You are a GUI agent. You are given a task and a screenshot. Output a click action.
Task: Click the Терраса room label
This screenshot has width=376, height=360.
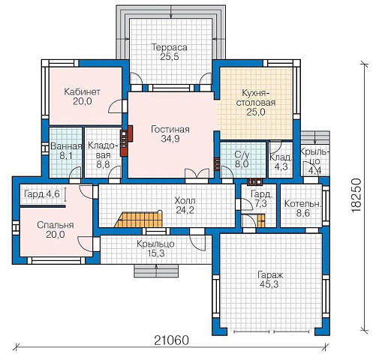tap(170, 47)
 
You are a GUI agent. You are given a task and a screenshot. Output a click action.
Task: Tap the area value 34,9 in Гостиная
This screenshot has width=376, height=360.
tap(170, 139)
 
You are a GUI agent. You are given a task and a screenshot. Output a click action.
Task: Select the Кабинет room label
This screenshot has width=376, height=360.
tap(82, 91)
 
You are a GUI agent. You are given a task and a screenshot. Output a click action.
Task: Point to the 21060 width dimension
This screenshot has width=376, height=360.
tap(171, 340)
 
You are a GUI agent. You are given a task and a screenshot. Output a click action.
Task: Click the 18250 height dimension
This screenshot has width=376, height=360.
tap(356, 196)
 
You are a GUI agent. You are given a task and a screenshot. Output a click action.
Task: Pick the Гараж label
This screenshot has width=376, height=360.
tap(270, 275)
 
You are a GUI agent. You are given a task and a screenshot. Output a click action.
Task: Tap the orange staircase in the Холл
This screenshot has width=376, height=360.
tap(139, 220)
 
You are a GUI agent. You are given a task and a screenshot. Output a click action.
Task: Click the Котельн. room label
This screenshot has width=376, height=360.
tap(302, 204)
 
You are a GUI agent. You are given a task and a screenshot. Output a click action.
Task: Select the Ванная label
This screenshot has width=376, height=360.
tap(66, 146)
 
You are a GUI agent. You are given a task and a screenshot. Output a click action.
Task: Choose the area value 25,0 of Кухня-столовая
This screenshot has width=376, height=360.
tap(256, 112)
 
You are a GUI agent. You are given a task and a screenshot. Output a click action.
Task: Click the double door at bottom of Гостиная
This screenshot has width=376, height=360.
tap(197, 173)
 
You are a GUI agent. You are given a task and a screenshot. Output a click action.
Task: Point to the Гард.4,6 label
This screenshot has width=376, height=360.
tap(42, 194)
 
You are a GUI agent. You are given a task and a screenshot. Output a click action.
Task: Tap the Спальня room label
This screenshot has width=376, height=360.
tap(56, 225)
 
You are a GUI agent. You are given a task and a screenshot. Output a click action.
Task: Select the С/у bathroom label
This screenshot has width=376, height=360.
tap(242, 155)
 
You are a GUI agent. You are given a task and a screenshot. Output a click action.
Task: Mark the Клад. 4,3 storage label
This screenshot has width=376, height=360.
tap(281, 162)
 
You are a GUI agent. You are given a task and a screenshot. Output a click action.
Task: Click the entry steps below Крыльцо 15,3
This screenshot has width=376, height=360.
tap(156, 271)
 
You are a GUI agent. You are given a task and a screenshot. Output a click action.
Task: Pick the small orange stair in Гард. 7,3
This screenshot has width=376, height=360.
tap(260, 220)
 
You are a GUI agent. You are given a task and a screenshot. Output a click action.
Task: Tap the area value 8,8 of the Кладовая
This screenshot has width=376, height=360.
tap(103, 164)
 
